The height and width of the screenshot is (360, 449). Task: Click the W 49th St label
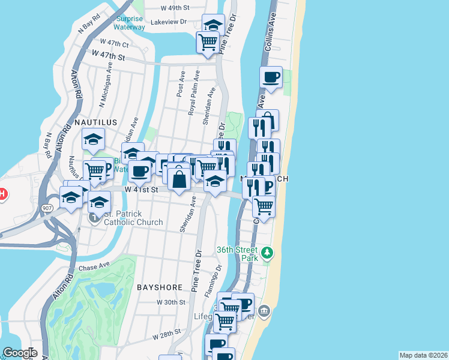click(x=175, y=8)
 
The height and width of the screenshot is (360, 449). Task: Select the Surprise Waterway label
click(x=129, y=23)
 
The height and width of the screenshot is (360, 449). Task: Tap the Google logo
click(x=19, y=353)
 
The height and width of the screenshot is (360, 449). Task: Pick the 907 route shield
click(x=47, y=208)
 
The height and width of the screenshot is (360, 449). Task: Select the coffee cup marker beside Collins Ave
click(x=271, y=77)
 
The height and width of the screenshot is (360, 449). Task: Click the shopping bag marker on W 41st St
click(x=179, y=178)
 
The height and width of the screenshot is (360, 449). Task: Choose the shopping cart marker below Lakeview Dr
click(x=208, y=42)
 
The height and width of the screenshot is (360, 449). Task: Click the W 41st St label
click(x=141, y=189)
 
